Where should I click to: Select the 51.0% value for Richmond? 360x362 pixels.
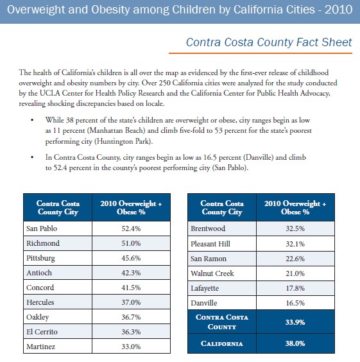(131, 243)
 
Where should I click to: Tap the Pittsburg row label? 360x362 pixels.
(41, 258)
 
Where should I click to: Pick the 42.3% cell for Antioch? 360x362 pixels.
(131, 273)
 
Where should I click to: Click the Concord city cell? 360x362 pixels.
(40, 288)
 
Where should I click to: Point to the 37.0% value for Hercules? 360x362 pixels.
(131, 302)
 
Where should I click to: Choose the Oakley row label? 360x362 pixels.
(39, 317)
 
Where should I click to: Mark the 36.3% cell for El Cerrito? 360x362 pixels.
(131, 332)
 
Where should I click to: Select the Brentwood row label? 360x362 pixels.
(209, 228)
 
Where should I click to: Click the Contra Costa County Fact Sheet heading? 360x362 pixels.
(268, 42)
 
